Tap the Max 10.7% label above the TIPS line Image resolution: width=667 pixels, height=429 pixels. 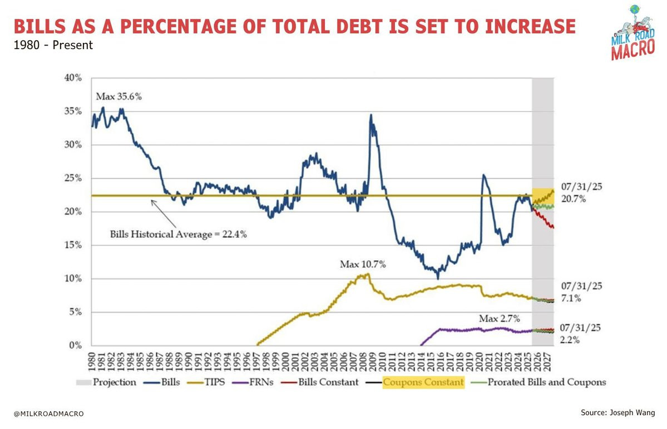pyautogui.click(x=363, y=264)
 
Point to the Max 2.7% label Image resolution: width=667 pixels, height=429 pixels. pyautogui.click(x=499, y=319)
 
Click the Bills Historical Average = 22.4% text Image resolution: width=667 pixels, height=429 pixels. pyautogui.click(x=178, y=234)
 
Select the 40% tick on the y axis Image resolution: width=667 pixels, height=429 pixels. pyautogui.click(x=73, y=78)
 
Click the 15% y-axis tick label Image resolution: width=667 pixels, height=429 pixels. pyautogui.click(x=73, y=245)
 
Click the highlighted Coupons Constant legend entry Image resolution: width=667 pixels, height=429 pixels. pyautogui.click(x=423, y=382)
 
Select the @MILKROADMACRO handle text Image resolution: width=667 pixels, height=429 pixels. pyautogui.click(x=49, y=414)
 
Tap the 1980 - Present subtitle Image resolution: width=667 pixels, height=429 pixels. pyautogui.click(x=53, y=46)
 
